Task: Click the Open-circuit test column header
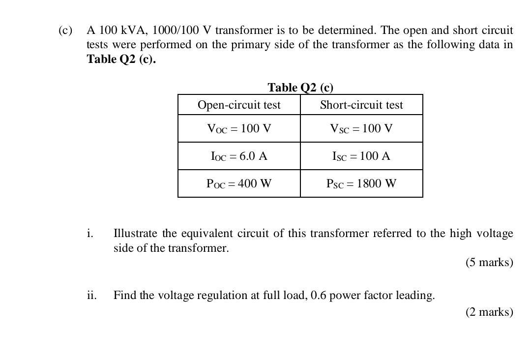tap(239, 105)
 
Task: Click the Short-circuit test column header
tap(361, 105)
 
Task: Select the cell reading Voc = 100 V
tap(239, 129)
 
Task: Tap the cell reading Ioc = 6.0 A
tap(239, 156)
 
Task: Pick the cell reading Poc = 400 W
tap(239, 184)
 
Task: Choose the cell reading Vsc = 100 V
tap(361, 129)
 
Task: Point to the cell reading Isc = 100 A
tap(361, 156)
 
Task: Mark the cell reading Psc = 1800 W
tap(361, 184)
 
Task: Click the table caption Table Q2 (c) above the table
tap(300, 88)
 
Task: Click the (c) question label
tap(65, 30)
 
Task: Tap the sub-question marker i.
tap(89, 233)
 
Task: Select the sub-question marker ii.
tap(91, 295)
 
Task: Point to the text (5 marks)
tap(489, 262)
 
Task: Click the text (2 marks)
tap(489, 312)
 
